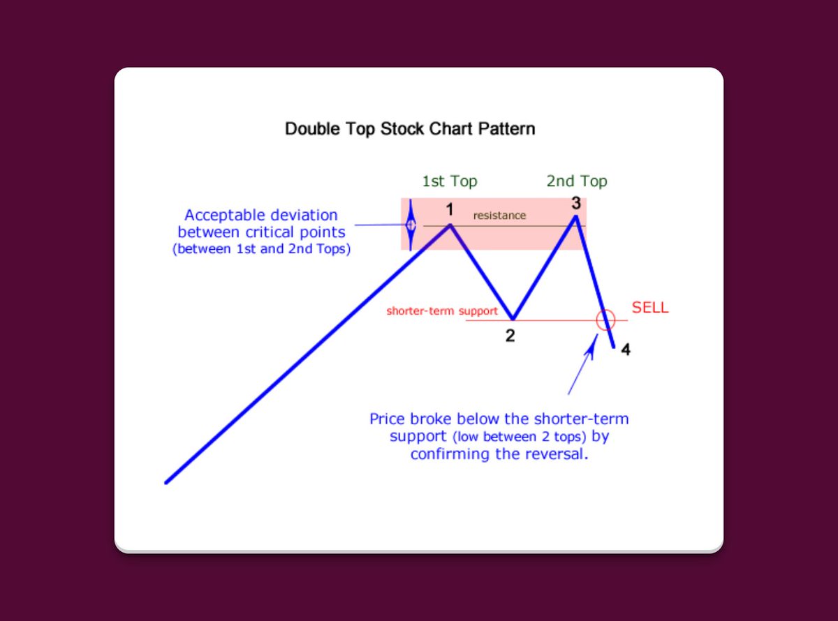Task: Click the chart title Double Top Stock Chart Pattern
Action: (410, 129)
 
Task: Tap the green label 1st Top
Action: (449, 181)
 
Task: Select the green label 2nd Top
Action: (576, 181)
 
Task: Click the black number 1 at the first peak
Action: (450, 209)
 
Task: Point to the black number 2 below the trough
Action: (510, 336)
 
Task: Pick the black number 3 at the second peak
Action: (576, 203)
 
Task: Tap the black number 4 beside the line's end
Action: (626, 350)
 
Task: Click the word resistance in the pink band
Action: (499, 216)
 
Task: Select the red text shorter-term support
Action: (442, 311)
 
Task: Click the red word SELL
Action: (650, 308)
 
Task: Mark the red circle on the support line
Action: (605, 320)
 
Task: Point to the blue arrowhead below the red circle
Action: (594, 344)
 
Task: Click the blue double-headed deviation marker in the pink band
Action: (411, 225)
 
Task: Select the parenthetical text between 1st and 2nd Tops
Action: (261, 249)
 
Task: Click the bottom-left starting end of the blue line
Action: (166, 482)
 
